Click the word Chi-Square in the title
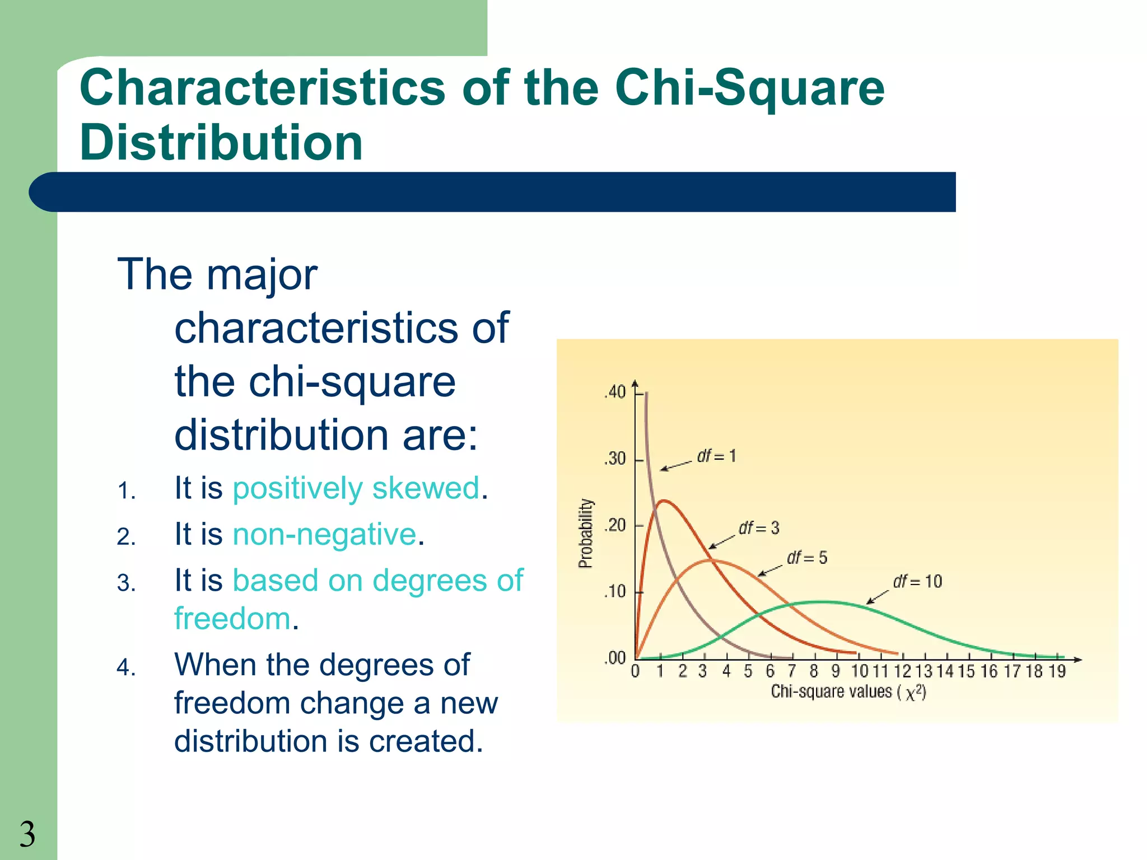point(749,88)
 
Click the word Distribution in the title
point(221,143)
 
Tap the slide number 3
point(27,834)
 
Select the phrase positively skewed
point(356,488)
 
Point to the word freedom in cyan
point(232,619)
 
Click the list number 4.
point(126,668)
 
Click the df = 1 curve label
point(716,456)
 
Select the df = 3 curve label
point(759,528)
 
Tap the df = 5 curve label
point(807,558)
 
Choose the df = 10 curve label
point(917,582)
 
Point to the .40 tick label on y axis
point(615,392)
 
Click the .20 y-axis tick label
point(615,526)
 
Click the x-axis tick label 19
point(1056,671)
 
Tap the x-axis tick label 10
point(859,671)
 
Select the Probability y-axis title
point(585,534)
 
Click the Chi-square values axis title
point(848,692)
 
